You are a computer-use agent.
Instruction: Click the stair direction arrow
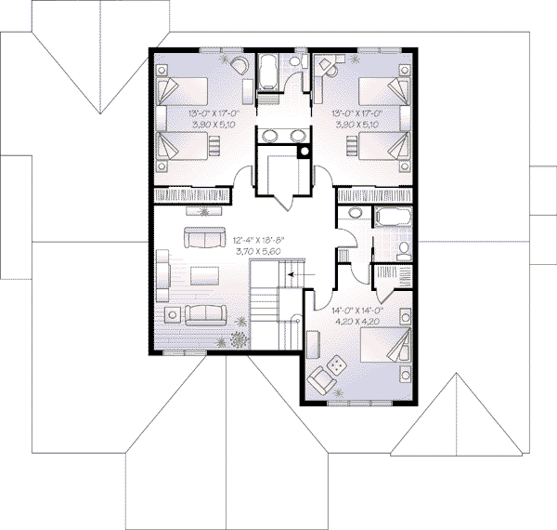coord(294,275)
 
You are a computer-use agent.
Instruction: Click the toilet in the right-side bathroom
coord(405,250)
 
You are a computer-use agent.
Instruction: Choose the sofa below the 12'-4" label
coord(201,239)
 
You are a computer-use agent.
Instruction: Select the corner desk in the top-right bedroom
coord(325,66)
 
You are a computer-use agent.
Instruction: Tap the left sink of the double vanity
coord(269,138)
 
